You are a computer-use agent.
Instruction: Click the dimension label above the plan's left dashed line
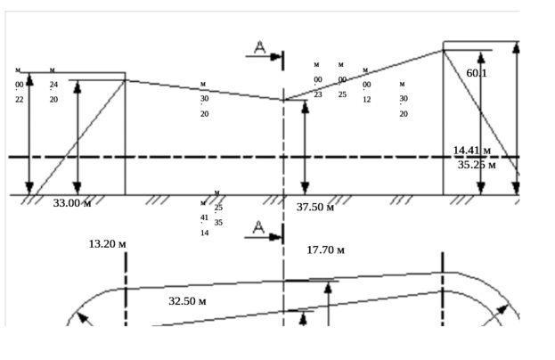click(x=105, y=243)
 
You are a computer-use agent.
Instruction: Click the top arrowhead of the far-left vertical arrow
click(x=29, y=77)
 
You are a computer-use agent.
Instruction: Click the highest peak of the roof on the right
click(x=443, y=50)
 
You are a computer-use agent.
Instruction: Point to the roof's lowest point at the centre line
click(x=283, y=100)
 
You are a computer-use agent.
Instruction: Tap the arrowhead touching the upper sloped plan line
click(x=331, y=284)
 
